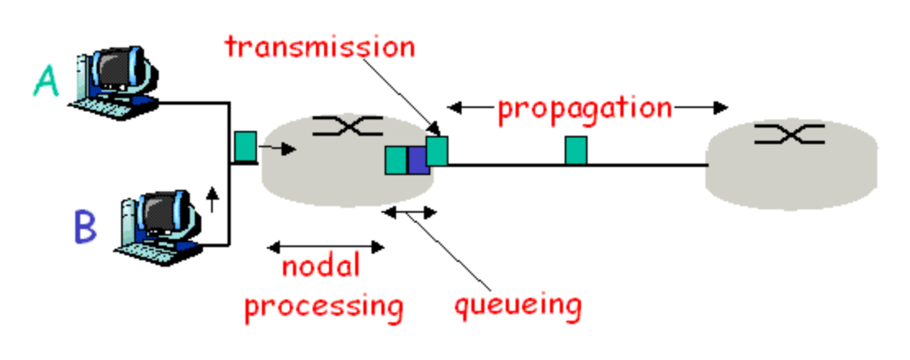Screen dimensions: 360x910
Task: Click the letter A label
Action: [x=47, y=82]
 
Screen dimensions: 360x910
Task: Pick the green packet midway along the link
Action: [x=576, y=151]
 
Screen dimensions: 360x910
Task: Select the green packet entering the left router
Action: [x=246, y=146]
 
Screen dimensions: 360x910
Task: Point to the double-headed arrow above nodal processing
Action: [x=327, y=245]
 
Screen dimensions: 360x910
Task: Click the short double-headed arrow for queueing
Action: [x=411, y=212]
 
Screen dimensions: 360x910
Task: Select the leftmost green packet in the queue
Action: [x=396, y=160]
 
